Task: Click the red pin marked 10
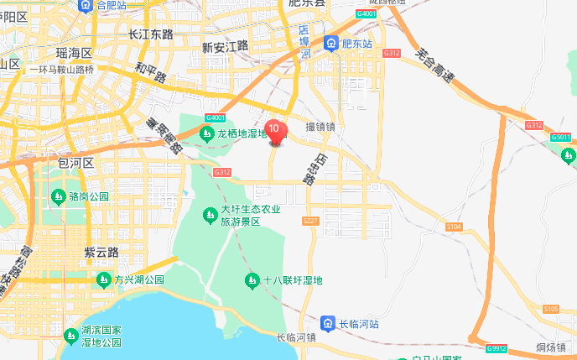(274, 131)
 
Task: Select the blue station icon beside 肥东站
(333, 44)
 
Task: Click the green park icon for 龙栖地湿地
(206, 133)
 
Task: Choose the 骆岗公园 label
(89, 197)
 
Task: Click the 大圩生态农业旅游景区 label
(251, 216)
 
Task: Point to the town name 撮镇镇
(320, 127)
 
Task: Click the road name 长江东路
(151, 34)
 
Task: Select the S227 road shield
(310, 221)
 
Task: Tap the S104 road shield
(455, 227)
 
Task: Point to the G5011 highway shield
(561, 137)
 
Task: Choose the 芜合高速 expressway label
(434, 67)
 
